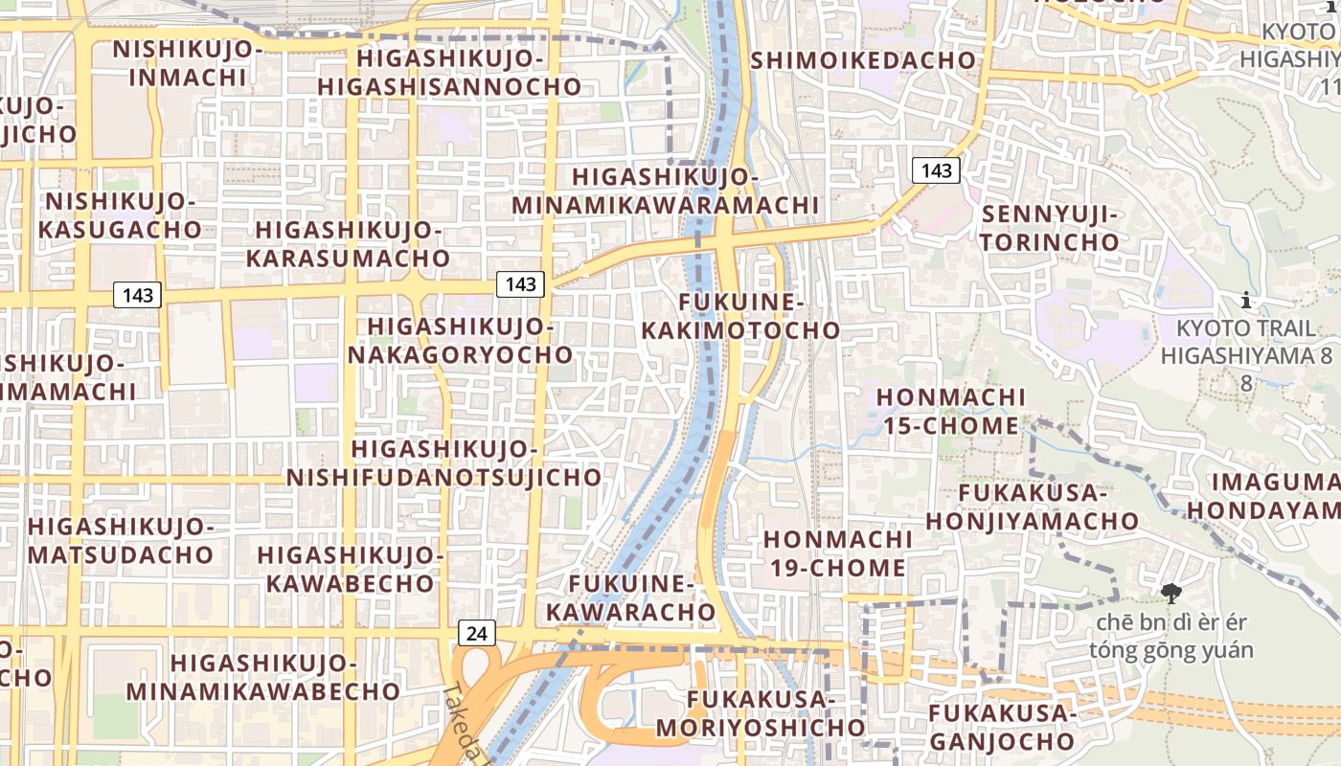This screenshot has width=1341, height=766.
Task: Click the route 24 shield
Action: pos(476,633)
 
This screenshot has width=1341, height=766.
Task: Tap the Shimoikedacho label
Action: pos(863,60)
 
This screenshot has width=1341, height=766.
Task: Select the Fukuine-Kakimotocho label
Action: pos(739,317)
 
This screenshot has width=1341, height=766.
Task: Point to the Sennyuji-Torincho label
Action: pos(1049,228)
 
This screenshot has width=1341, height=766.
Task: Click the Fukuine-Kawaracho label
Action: pos(642,597)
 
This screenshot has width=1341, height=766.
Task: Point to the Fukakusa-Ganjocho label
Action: pos(1002,727)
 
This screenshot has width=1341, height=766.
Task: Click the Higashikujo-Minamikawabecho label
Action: pos(262,677)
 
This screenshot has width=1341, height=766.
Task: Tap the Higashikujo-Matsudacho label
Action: pos(120,541)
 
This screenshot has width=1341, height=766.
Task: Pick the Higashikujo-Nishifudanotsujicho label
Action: pos(444,462)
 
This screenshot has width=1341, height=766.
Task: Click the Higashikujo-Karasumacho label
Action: pos(348,244)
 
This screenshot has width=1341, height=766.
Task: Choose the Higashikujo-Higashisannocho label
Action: pos(449,73)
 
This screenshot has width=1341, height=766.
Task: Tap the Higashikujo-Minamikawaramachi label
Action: pos(665,191)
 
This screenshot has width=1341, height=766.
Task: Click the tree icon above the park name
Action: pos(1170,595)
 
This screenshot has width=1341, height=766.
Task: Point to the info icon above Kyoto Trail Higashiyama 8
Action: pos(1245,301)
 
